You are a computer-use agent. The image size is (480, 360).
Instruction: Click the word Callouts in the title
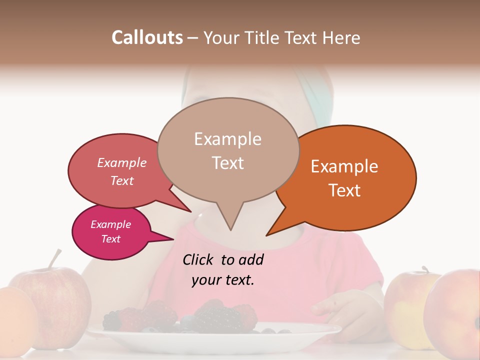tap(147, 37)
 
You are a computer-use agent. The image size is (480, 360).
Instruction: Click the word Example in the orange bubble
tap(344, 166)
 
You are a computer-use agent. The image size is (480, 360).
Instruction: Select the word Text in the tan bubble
tap(228, 163)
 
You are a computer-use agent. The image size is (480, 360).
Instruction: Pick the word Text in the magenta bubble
tap(111, 239)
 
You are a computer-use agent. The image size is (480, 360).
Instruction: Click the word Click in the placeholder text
tap(199, 259)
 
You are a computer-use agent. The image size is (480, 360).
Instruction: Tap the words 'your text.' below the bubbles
tap(223, 280)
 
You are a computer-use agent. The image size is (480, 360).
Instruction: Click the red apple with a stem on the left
tap(55, 300)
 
